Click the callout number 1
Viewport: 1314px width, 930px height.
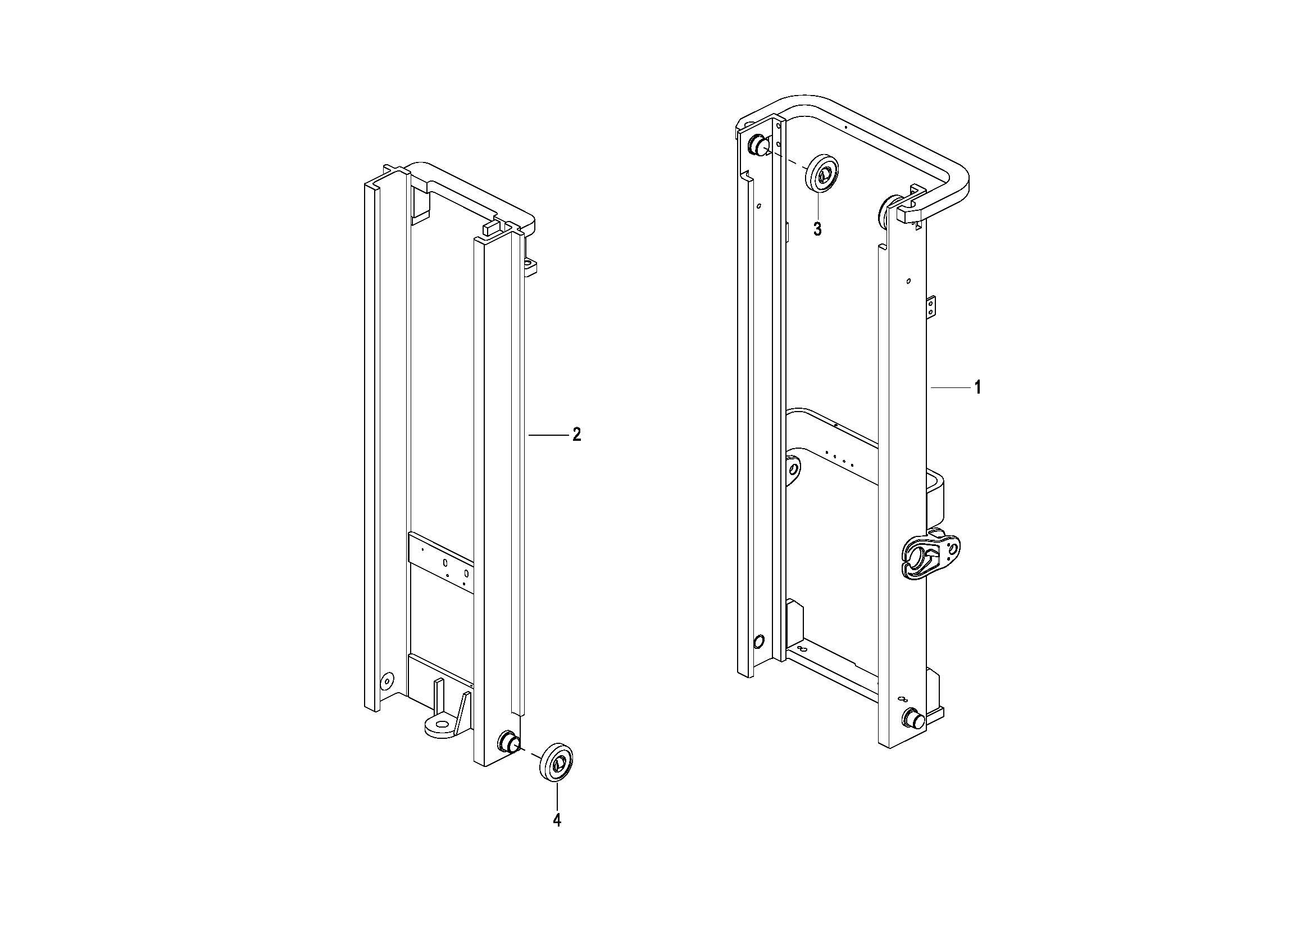(978, 388)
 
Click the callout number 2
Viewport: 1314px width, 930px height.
(577, 435)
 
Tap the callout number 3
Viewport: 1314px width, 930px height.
(817, 229)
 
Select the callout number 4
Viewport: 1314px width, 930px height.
(557, 820)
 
